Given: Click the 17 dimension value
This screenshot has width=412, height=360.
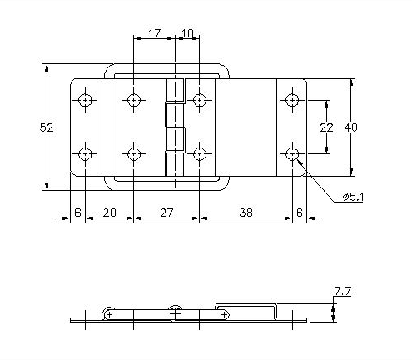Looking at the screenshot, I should click(x=153, y=34).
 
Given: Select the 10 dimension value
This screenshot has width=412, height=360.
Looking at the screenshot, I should click(x=187, y=34).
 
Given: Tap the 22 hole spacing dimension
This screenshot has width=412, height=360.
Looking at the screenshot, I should click(x=326, y=127).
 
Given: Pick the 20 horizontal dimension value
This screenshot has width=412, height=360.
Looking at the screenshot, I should click(x=108, y=212).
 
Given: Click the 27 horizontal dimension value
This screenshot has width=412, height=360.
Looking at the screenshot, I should click(x=166, y=212).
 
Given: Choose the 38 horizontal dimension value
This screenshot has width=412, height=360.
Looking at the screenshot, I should click(x=246, y=212).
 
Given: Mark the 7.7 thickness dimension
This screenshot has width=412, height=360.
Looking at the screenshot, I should click(x=341, y=291).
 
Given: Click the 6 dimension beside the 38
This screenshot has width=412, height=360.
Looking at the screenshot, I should click(x=300, y=212).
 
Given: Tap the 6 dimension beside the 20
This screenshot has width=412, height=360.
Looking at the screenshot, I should click(x=77, y=212).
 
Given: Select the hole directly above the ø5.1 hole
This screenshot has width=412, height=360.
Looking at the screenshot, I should click(x=292, y=101).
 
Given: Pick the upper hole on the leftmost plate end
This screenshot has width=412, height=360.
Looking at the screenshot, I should click(x=86, y=101).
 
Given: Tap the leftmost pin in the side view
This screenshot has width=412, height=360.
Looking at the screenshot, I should click(x=109, y=313).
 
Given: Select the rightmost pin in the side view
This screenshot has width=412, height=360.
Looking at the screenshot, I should click(x=224, y=313).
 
